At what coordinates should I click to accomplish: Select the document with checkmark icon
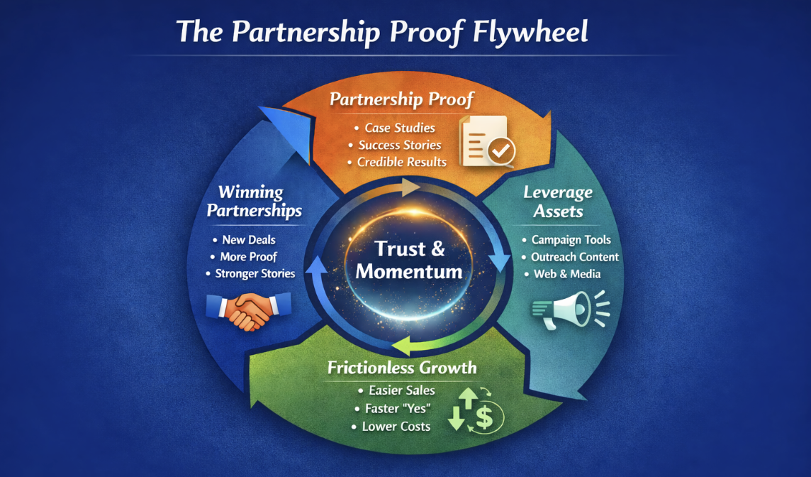pyautogui.click(x=487, y=141)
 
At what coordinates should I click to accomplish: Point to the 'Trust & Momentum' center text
pyautogui.click(x=410, y=260)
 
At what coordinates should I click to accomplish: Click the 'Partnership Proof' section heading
pyautogui.click(x=401, y=99)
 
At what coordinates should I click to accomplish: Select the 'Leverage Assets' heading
pyautogui.click(x=558, y=201)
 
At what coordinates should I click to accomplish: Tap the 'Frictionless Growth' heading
pyautogui.click(x=402, y=368)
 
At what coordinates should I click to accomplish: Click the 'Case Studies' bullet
pyautogui.click(x=400, y=128)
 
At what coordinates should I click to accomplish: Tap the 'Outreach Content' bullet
pyautogui.click(x=575, y=257)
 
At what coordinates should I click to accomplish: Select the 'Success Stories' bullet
pyautogui.click(x=400, y=145)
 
